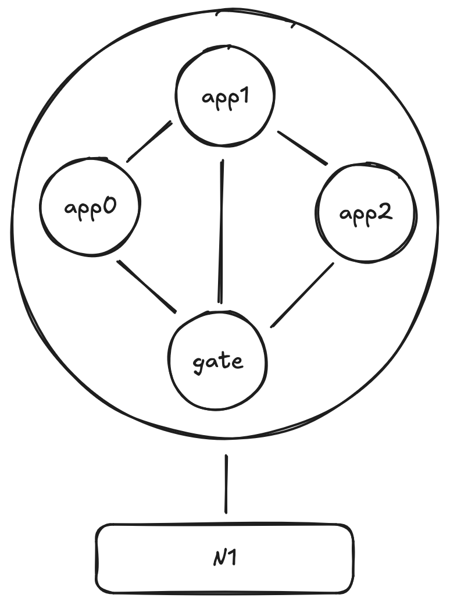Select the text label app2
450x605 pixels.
(x=366, y=213)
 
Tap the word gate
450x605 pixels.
(x=217, y=362)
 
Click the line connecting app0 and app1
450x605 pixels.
(x=149, y=141)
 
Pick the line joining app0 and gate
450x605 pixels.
(x=147, y=286)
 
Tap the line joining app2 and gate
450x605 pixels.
(x=302, y=294)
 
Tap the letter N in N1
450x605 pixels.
(x=219, y=560)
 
